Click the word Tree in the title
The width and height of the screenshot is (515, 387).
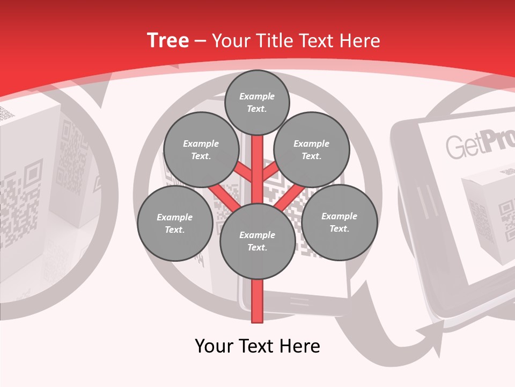click(168, 40)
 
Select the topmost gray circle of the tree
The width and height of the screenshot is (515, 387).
click(257, 102)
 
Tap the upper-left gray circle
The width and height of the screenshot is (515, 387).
click(201, 149)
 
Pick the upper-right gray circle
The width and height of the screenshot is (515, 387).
click(312, 149)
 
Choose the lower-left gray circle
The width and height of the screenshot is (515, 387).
click(175, 223)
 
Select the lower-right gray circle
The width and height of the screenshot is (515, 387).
click(340, 222)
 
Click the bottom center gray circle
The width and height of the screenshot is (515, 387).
click(257, 241)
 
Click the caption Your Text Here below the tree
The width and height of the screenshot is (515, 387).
click(257, 346)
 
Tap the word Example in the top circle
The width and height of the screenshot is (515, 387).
click(257, 96)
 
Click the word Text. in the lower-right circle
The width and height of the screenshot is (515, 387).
click(339, 228)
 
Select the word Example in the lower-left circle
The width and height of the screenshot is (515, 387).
click(175, 217)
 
